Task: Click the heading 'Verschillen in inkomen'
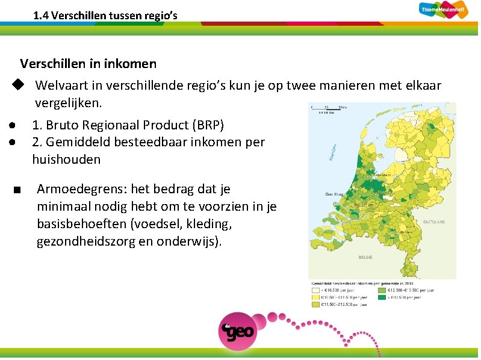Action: coord(88,63)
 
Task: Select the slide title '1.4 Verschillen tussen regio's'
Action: coord(105,16)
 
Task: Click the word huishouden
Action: coord(66,160)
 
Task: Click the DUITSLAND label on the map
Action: coord(433,222)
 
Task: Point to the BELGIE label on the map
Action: coord(365,257)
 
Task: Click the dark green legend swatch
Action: coord(382,297)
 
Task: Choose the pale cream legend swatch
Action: coord(315,290)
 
